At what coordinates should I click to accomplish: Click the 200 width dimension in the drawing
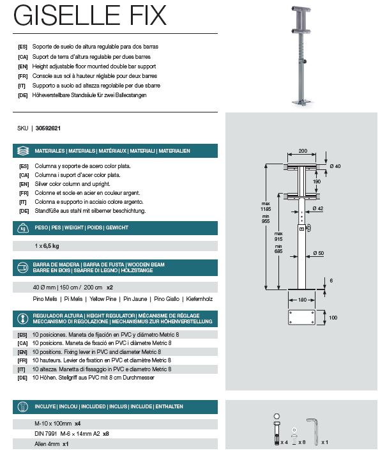click(x=303, y=151)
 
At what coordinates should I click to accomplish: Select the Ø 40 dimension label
click(x=336, y=166)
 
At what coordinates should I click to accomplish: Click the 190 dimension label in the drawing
click(x=316, y=182)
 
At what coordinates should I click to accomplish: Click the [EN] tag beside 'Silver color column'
click(x=24, y=183)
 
